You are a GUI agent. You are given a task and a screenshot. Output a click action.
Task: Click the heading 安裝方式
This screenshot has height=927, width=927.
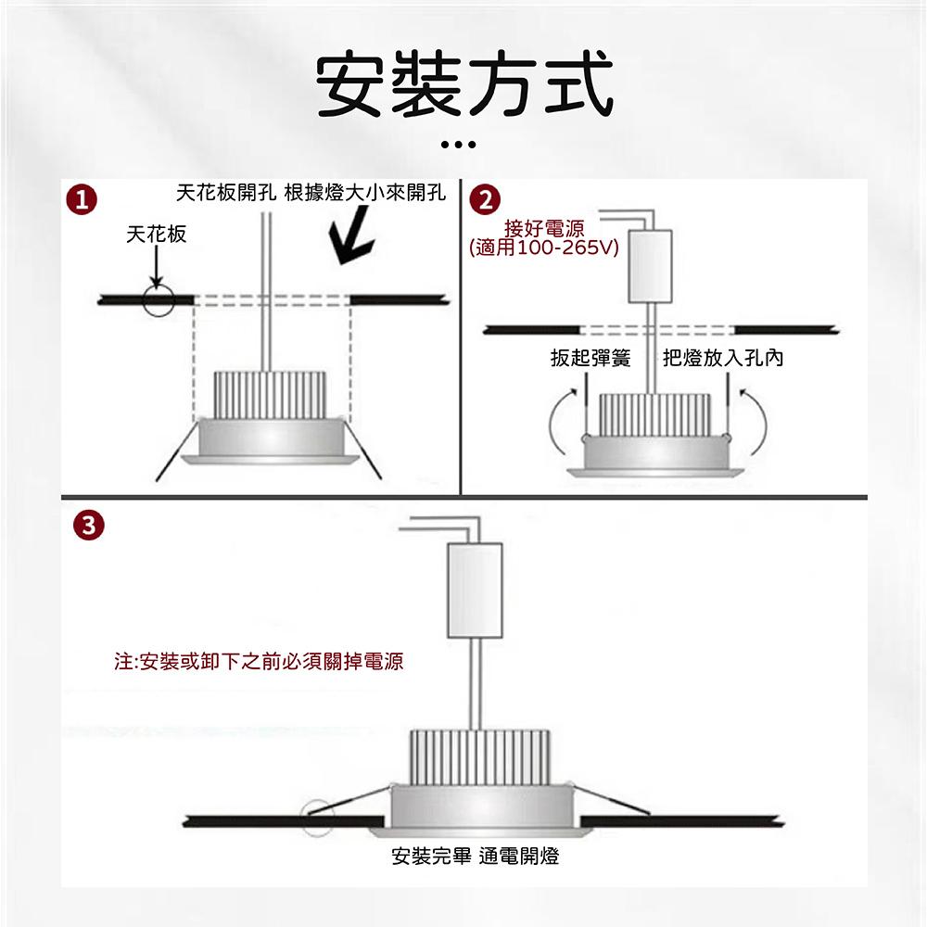point(464,85)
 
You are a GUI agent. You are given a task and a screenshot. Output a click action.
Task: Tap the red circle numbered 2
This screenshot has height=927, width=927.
point(486,199)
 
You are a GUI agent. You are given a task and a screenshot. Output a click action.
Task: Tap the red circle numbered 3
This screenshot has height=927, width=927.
point(87,526)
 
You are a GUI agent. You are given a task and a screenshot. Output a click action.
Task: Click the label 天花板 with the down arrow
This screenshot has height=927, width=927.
point(156,235)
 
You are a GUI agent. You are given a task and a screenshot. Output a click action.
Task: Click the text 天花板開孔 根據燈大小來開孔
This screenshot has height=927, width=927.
point(311,194)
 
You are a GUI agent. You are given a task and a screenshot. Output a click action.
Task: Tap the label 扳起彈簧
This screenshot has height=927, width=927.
point(590,358)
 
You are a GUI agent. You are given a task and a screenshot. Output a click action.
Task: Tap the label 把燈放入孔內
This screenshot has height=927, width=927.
point(723,358)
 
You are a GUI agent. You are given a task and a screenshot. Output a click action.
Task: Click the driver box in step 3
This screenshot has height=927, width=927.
point(475,590)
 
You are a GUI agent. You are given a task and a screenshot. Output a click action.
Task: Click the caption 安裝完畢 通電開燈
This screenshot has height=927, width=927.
point(476,857)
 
